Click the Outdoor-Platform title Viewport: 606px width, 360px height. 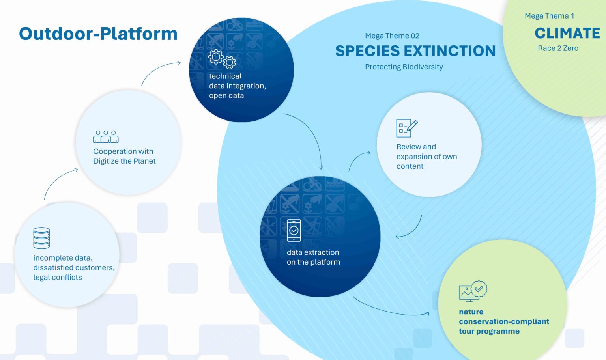coord(98,34)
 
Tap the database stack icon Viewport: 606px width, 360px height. coord(41,238)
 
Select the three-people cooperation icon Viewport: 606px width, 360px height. coord(106,136)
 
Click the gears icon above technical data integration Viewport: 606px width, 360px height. coord(222,59)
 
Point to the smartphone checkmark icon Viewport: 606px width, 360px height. coord(294,230)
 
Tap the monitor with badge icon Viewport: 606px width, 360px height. coord(473,291)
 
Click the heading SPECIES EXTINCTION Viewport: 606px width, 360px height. coord(415,51)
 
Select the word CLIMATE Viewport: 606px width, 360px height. coord(567,33)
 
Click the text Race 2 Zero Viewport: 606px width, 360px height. coord(558,48)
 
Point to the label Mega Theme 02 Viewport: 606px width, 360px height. coord(392,36)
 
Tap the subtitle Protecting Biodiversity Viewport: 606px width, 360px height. coord(404,67)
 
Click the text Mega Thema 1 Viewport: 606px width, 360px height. coord(549,16)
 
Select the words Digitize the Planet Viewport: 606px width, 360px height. coord(124,161)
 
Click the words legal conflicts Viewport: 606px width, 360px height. coord(58,278)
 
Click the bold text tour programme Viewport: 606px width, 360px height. coord(489,331)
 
